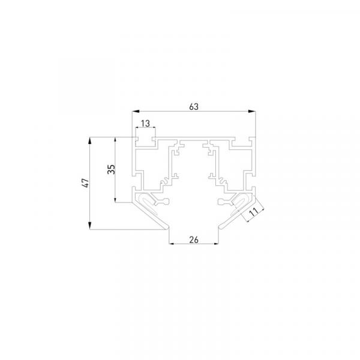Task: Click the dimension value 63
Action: point(194,107)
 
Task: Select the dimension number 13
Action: point(145,124)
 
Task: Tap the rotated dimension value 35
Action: point(112,169)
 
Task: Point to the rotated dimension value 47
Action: point(85,183)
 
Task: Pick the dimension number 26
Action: point(194,240)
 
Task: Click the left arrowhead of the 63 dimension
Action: point(136,112)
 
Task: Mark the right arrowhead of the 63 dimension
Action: point(252,112)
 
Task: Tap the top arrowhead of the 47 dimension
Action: point(90,141)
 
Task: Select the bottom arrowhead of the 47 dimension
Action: point(90,226)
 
